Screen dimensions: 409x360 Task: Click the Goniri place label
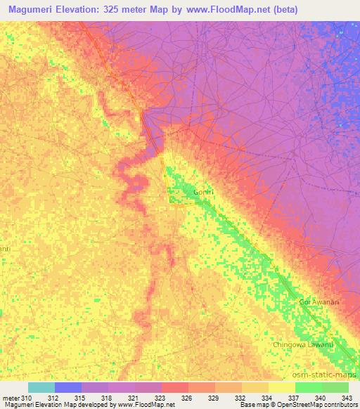point(204,191)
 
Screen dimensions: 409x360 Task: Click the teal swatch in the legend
point(41,387)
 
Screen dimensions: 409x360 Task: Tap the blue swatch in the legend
point(68,387)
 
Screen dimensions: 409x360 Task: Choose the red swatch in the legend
point(175,387)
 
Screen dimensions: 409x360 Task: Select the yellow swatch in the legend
point(282,387)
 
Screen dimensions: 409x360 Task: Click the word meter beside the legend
point(11,398)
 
